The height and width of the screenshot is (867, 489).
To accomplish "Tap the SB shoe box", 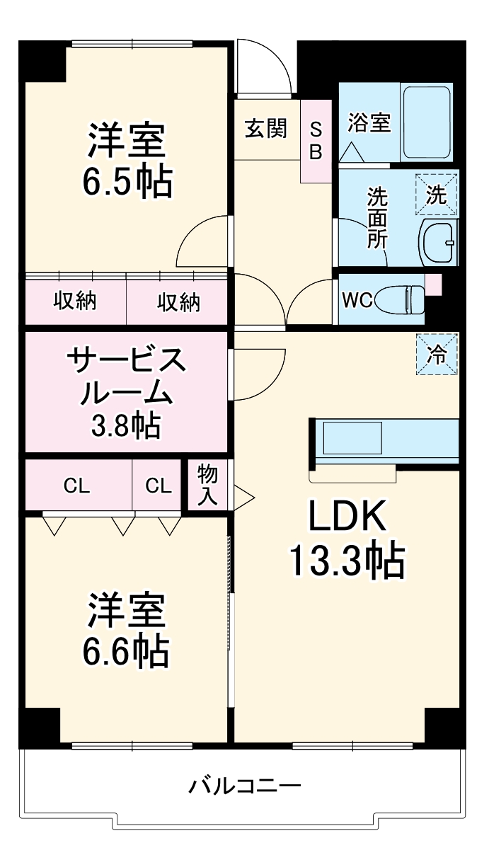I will (316, 141).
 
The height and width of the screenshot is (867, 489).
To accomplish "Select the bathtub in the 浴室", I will (426, 122).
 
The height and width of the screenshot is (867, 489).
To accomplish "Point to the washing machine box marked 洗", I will (437, 194).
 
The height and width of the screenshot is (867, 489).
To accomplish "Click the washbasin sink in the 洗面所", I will (439, 243).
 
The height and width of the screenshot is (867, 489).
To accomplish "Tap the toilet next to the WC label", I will (401, 299).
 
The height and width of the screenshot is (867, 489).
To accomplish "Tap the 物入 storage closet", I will (207, 485).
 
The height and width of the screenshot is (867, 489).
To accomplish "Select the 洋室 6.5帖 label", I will (127, 161).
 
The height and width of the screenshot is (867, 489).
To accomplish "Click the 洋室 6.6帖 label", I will (127, 631).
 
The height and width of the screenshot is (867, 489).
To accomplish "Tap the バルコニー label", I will (245, 786).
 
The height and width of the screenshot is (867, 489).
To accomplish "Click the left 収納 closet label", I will (76, 302).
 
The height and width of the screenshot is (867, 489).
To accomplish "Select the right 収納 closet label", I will (178, 302).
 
